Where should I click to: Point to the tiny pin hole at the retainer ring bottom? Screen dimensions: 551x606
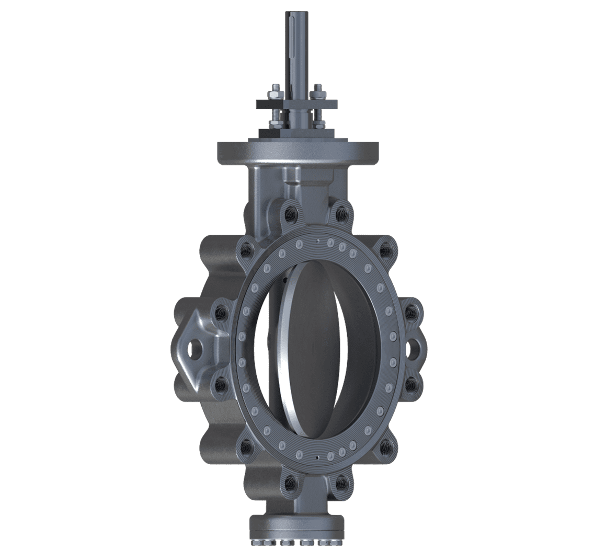coord(317,458)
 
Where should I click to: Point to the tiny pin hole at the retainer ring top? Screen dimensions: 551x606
coord(317,240)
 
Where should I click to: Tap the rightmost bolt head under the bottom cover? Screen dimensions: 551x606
coord(330,542)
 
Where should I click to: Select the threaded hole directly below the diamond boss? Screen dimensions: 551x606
coord(220,386)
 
